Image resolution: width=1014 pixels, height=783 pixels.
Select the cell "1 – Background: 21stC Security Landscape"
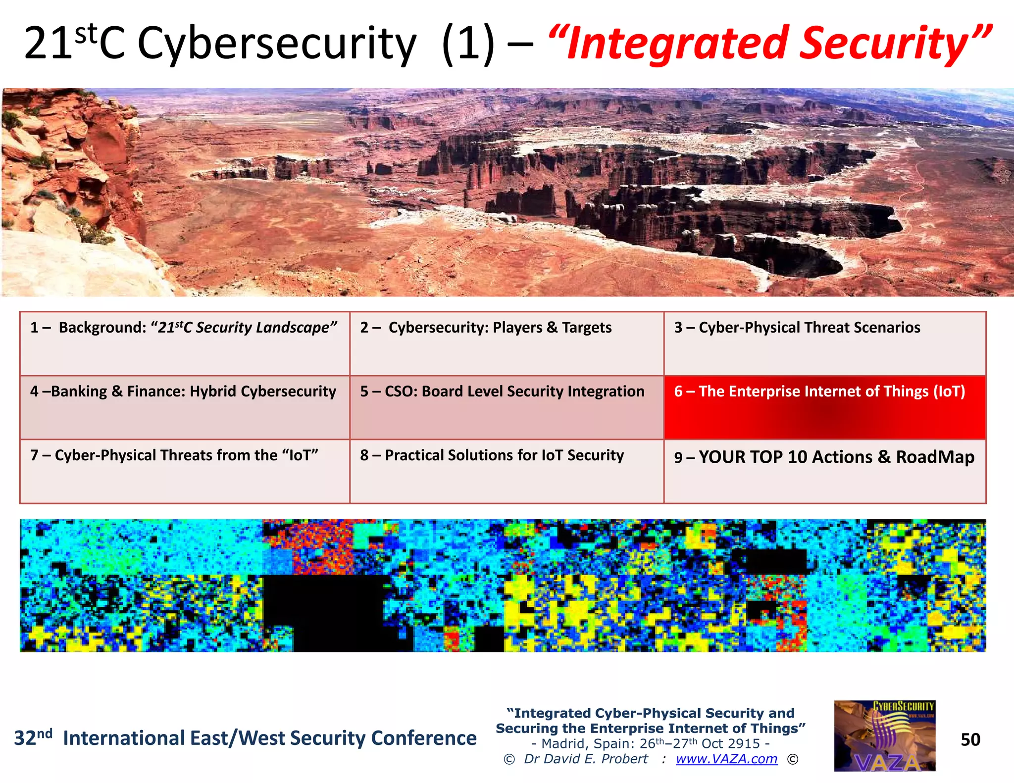pos(184,343)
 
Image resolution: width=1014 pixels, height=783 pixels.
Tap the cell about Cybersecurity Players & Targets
pos(506,343)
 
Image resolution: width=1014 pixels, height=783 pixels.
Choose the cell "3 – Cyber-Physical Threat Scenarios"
pos(824,343)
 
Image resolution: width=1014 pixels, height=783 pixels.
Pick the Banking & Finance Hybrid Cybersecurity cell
pos(184,407)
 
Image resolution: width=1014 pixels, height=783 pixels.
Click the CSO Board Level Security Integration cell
pos(506,407)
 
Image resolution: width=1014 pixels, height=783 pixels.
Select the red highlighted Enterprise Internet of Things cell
pos(824,407)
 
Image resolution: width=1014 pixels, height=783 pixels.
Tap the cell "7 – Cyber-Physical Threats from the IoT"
pos(184,471)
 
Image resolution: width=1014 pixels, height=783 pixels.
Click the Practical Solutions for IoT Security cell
pos(506,471)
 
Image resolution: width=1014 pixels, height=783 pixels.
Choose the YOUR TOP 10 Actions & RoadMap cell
pos(824,471)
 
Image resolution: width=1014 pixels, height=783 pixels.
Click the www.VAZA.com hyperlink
pos(726,759)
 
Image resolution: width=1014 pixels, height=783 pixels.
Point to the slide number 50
pos(970,739)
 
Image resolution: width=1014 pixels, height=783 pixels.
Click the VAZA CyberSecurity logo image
pos(884,735)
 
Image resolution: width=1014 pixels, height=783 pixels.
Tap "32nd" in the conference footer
pos(33,737)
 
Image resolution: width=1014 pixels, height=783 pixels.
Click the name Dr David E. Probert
pos(586,759)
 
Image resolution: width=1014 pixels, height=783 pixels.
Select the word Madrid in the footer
pos(562,743)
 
